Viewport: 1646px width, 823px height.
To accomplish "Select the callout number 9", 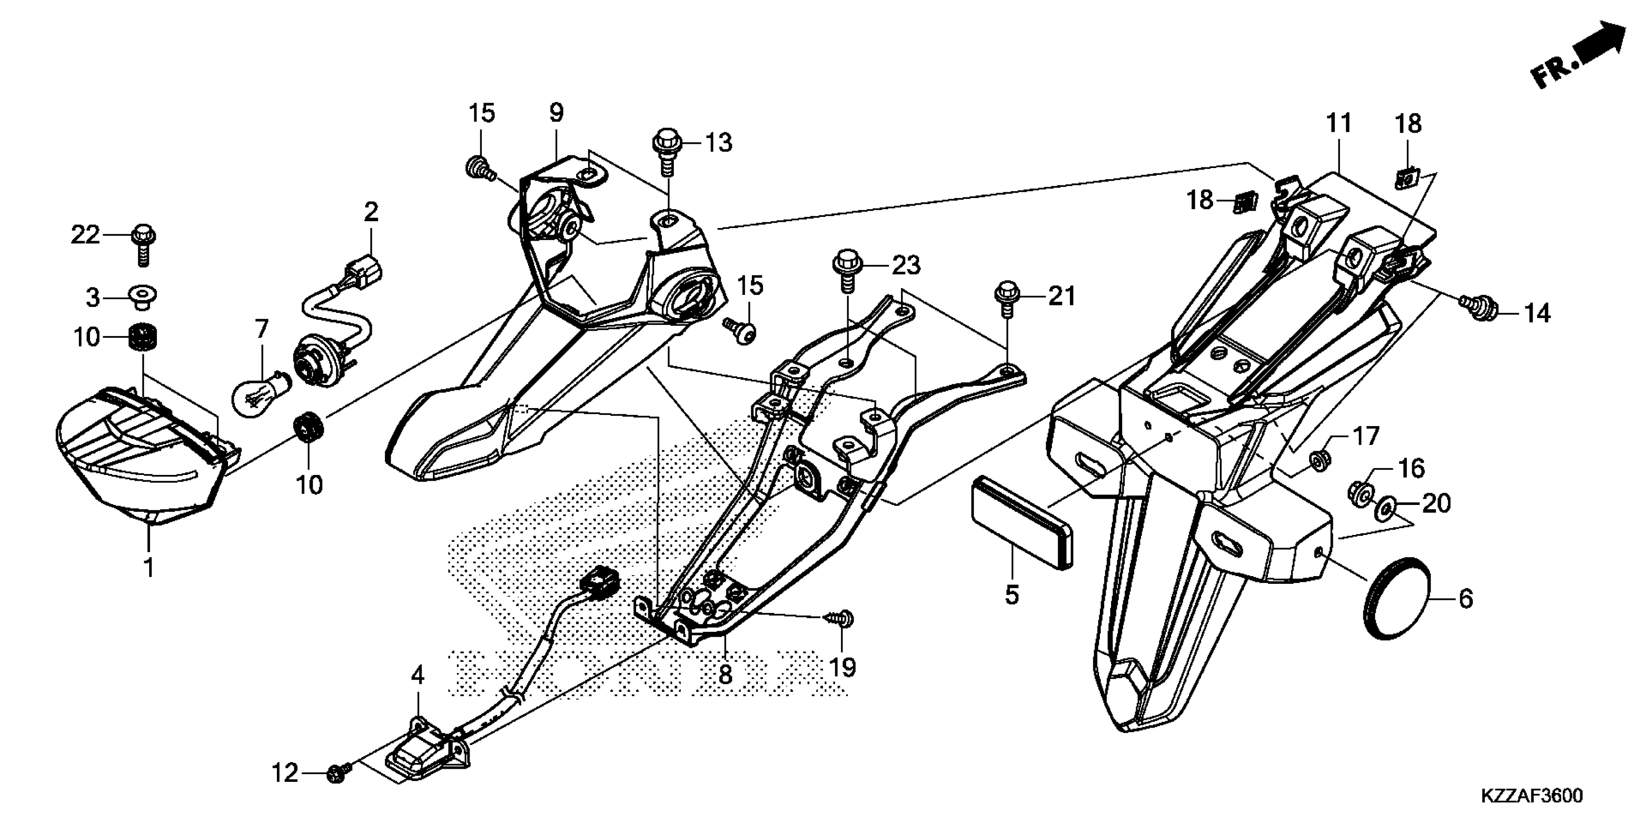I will (557, 113).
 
